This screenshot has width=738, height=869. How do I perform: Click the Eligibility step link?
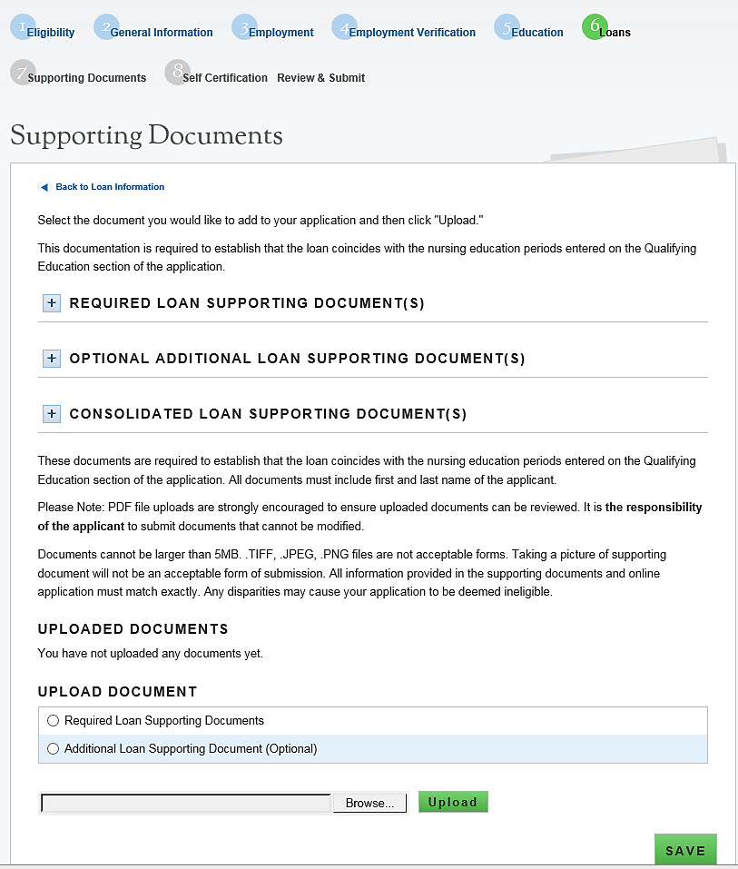click(50, 33)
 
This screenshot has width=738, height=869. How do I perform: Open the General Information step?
click(161, 33)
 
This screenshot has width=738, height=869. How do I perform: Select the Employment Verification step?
click(411, 33)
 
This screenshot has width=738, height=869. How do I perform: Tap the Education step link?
click(536, 33)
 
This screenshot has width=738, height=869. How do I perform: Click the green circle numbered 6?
click(595, 26)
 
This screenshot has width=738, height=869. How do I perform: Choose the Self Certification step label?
click(224, 78)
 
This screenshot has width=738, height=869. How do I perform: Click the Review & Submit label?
click(320, 78)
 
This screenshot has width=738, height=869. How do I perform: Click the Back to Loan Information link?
click(109, 187)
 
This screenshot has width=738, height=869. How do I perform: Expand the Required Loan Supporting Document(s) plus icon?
click(52, 303)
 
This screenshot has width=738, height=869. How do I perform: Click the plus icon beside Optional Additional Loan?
click(52, 359)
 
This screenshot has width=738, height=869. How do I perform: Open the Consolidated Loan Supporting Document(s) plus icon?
click(52, 414)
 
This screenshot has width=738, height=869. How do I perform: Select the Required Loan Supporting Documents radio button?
click(53, 721)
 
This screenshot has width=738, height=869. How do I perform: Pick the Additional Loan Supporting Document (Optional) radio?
click(53, 749)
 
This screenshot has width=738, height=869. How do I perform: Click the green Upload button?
click(453, 802)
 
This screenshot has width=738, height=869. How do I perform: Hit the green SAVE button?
click(685, 851)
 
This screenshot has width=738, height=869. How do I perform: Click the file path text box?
click(186, 804)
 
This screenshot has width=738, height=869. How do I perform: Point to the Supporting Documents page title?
click(146, 136)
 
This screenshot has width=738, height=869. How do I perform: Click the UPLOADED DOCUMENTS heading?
click(133, 629)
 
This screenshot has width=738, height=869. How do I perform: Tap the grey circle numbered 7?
click(23, 73)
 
